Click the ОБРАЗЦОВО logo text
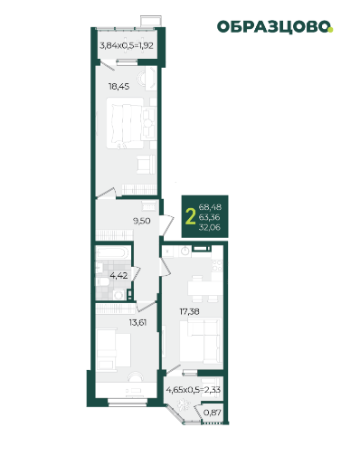click(273, 27)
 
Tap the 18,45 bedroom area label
click(119, 87)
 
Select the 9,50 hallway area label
click(142, 221)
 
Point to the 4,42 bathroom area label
click(118, 275)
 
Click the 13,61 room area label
click(137, 323)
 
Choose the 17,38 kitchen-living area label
click(189, 311)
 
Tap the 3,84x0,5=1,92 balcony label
click(127, 46)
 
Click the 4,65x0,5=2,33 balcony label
click(194, 390)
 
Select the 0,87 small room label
click(213, 413)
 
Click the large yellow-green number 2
click(190, 216)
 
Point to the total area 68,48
click(210, 207)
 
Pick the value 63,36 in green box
click(209, 217)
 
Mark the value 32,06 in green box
click(210, 227)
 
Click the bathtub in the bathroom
click(112, 252)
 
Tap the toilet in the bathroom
click(101, 282)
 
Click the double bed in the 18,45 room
click(125, 123)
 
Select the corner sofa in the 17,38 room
click(200, 341)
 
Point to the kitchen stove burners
click(217, 266)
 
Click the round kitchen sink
click(185, 251)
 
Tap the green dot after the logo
click(331, 30)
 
